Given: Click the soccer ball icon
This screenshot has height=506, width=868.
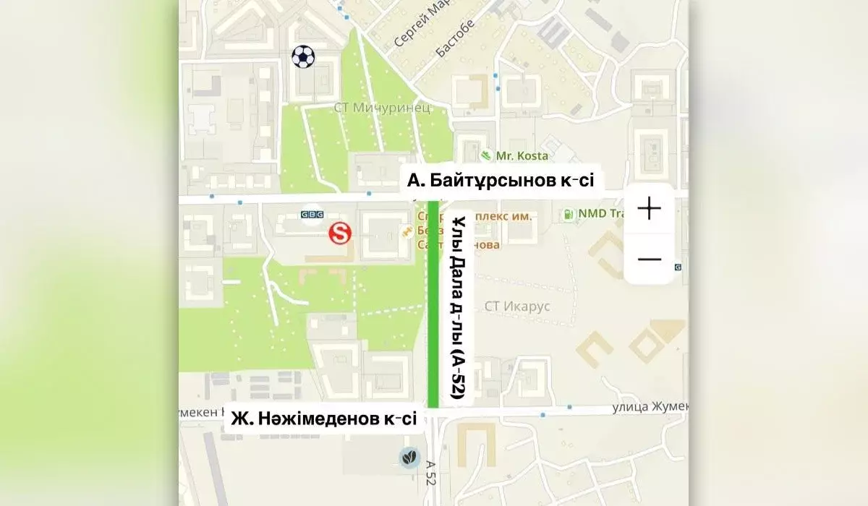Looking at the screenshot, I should [x=304, y=56].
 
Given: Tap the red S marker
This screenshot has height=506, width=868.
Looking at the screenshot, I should [x=339, y=233].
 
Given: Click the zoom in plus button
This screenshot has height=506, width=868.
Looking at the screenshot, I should [x=649, y=209].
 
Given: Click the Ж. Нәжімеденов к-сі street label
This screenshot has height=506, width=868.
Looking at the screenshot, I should [x=324, y=419].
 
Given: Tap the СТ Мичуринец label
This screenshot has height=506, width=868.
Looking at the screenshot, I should [x=382, y=108].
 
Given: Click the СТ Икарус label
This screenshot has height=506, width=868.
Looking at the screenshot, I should [x=517, y=306].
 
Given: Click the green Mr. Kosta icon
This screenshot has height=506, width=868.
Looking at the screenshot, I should [x=487, y=155].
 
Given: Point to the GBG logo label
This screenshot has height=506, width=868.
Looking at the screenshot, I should [x=312, y=215].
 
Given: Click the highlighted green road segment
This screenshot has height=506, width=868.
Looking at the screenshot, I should [x=433, y=304].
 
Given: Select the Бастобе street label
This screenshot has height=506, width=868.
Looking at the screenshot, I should [x=456, y=38].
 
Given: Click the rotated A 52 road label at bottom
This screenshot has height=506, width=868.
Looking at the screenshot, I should [x=431, y=474].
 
